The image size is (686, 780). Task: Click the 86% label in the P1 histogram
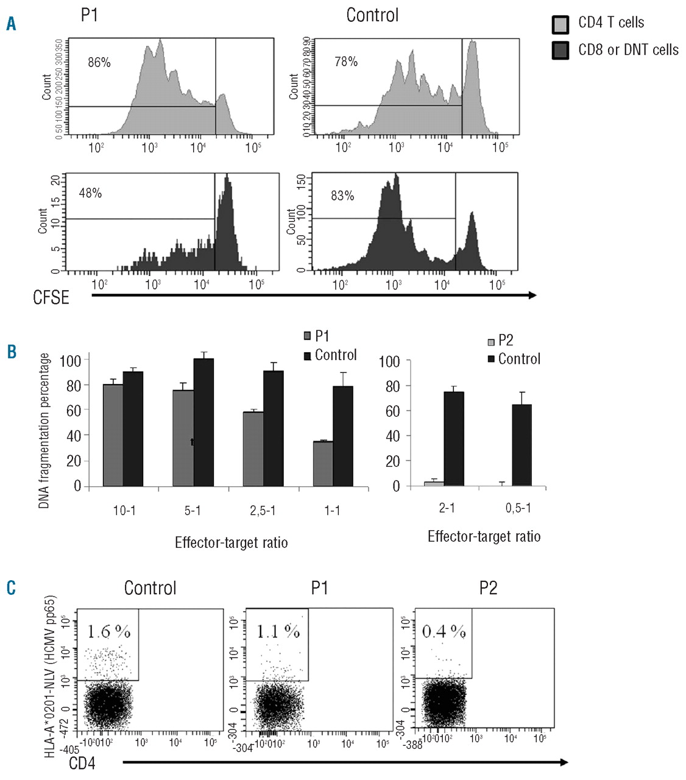pos(99,62)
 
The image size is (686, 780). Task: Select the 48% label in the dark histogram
pos(90,193)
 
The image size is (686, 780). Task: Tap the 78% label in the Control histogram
pos(346,62)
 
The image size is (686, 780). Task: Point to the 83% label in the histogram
pos(342,196)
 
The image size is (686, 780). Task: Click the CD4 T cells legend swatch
pos(560,24)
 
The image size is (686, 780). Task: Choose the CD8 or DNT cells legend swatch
pos(560,51)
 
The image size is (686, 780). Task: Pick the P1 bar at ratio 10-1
pos(113,435)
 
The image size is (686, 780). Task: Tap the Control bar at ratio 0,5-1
pos(522,445)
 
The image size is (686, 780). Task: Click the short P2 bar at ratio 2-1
pos(434,484)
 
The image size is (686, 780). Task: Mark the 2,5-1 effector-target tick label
pos(263,511)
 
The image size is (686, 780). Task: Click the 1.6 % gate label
pos(108,632)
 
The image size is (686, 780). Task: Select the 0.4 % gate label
pos(444,631)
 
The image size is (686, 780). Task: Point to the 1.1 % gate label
pos(277,631)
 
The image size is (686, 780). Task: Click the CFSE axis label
pos(51,297)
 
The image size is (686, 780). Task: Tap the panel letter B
pos(12,352)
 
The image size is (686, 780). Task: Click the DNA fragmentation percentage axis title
pos(44,431)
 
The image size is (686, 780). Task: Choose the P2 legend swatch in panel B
pos(491,342)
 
